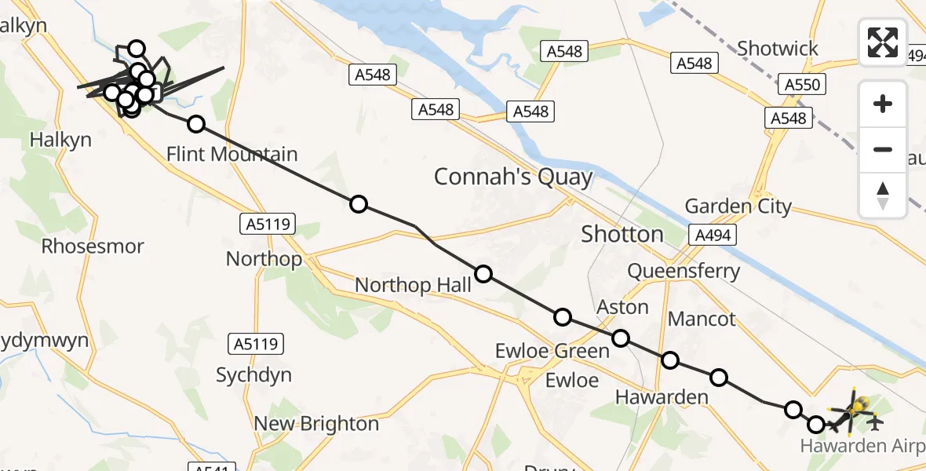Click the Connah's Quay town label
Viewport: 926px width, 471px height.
tap(513, 177)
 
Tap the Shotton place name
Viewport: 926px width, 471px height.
tap(622, 233)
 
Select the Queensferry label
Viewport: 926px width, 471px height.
tap(684, 272)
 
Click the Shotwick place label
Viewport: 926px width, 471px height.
tap(777, 49)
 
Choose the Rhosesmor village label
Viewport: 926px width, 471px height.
tap(93, 246)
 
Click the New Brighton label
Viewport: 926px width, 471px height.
tap(316, 424)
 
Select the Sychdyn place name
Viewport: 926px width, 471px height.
tap(253, 374)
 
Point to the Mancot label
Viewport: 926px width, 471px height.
tap(702, 319)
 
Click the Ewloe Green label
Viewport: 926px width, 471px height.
tap(552, 351)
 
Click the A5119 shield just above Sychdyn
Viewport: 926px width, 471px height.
tap(257, 343)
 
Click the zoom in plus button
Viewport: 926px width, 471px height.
tap(883, 104)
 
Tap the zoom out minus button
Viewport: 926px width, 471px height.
tap(883, 149)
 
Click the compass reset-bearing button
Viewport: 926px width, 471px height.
tap(883, 195)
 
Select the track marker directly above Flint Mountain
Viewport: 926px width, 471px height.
tap(196, 124)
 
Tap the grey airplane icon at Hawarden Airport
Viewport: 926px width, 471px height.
tap(876, 422)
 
